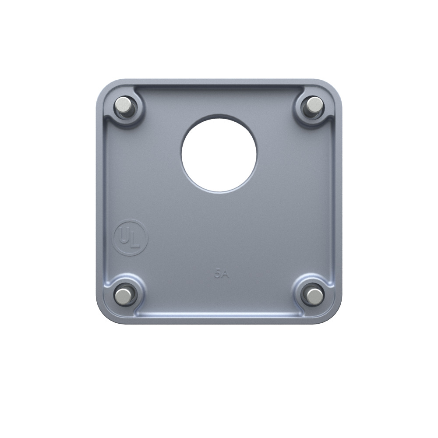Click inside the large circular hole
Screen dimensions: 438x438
(x=219, y=153)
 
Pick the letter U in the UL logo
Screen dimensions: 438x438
(x=124, y=236)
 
